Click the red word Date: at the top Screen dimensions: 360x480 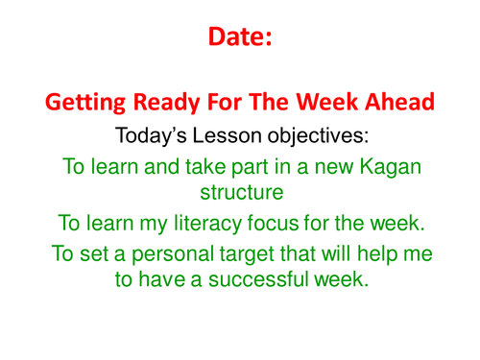(x=240, y=36)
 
